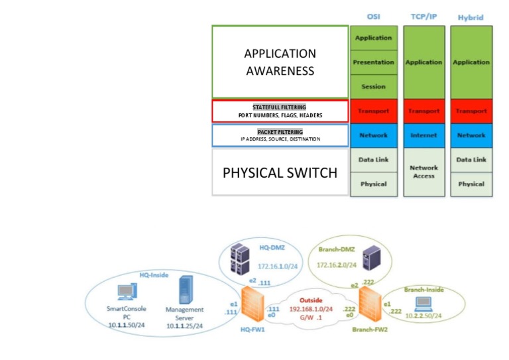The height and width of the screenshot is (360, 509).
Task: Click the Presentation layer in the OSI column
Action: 373,62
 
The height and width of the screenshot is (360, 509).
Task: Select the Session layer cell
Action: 373,87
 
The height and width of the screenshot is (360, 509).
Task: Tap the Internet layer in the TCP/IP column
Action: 424,135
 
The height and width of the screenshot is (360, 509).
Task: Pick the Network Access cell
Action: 424,172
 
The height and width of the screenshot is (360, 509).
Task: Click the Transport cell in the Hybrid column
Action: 471,111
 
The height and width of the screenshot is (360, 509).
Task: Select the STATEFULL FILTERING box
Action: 280,111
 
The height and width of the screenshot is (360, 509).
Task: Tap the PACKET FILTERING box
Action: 280,135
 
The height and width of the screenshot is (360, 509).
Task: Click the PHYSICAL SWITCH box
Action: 280,172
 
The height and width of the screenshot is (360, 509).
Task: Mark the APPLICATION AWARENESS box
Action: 280,62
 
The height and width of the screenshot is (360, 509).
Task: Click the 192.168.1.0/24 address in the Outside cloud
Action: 310,309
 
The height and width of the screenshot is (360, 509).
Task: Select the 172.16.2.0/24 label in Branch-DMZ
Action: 339,265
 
